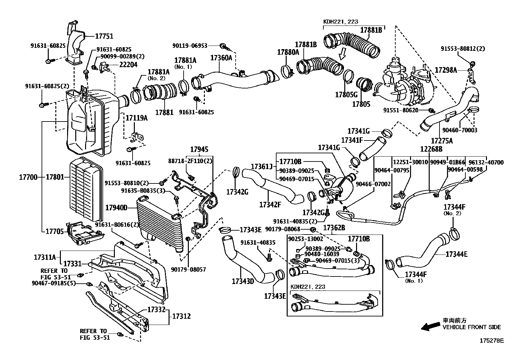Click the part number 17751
point(104,36)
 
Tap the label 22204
point(128,65)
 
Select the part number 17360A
point(221,58)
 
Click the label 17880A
point(288,52)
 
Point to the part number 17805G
point(346,95)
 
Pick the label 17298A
point(446,70)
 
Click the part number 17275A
point(442,141)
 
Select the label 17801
point(55,177)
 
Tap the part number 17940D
point(116,207)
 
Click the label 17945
point(199,149)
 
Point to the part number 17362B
point(334,228)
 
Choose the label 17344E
point(456,254)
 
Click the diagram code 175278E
point(492,340)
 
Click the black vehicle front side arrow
point(431,327)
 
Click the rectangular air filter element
point(86,189)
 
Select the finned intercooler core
point(160,223)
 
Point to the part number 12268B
point(431,149)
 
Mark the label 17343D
point(243,281)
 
